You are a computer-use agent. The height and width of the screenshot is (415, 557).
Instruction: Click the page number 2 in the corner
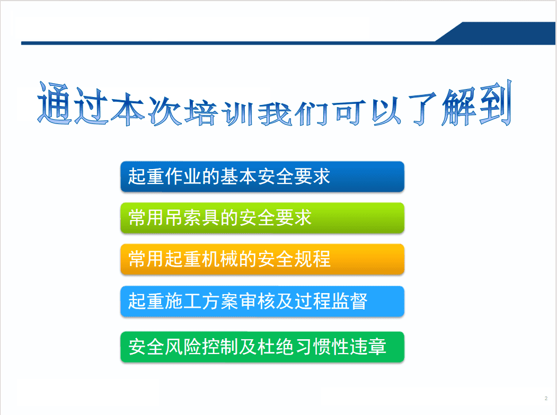point(546,398)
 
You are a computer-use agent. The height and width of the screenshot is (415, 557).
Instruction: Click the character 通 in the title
point(55,104)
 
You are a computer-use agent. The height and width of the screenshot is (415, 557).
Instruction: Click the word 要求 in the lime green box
point(294,218)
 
